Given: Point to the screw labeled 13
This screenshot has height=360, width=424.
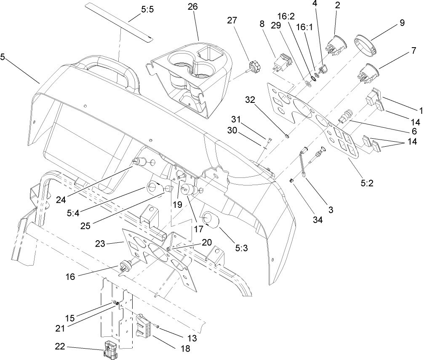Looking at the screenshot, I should click(x=157, y=325).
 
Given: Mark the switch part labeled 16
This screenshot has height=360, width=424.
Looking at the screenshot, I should click(x=125, y=266).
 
